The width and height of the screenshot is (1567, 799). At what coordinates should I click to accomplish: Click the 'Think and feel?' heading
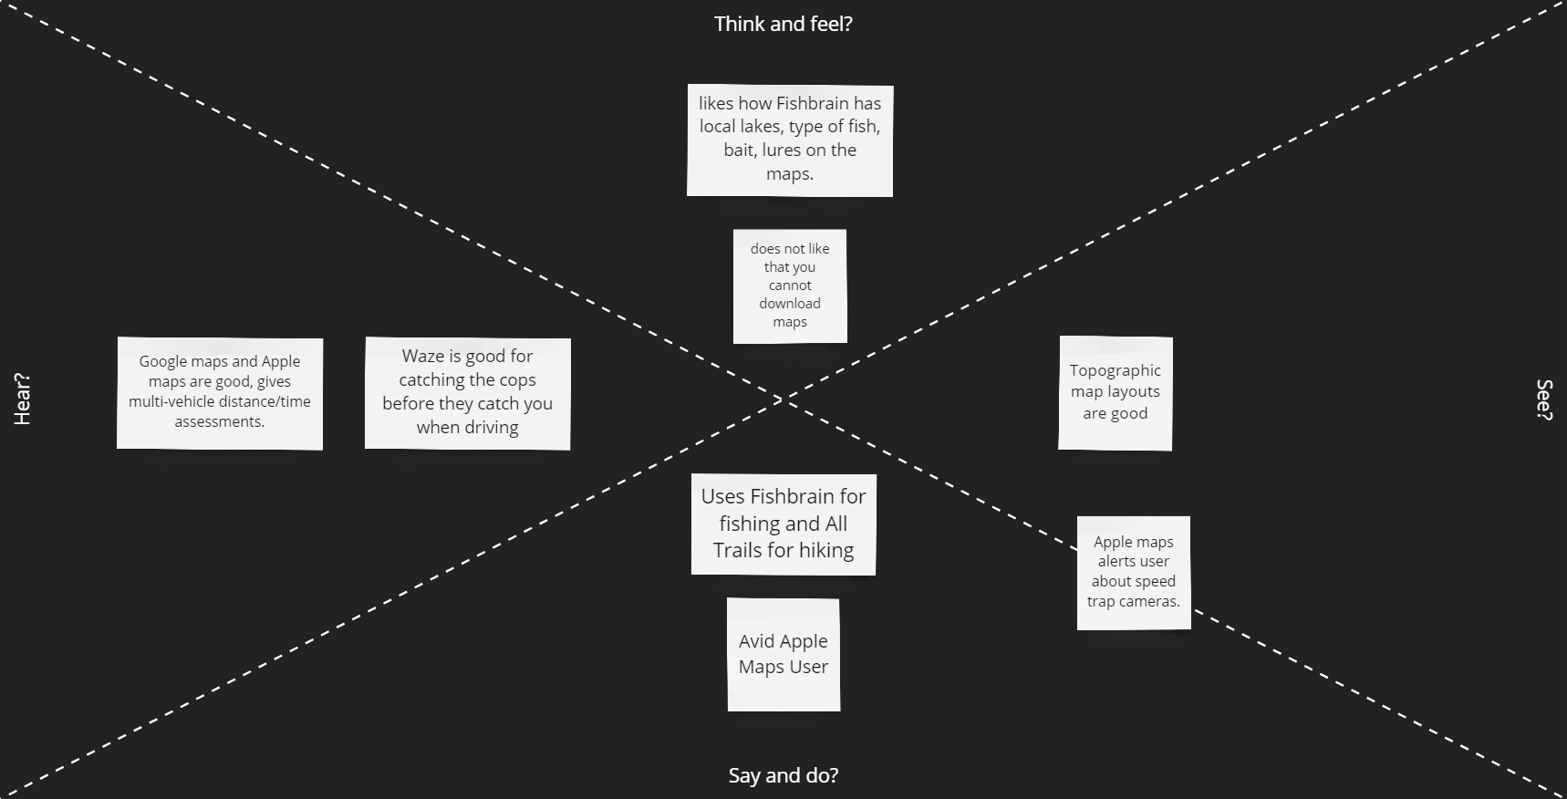tap(783, 24)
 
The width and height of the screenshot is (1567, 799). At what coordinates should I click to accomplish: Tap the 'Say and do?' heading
tap(783, 775)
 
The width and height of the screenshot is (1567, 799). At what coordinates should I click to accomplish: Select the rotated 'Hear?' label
tap(22, 399)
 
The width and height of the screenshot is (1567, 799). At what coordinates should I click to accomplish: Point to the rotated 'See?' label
tap(1544, 399)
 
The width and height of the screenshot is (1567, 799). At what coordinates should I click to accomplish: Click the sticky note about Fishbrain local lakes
tap(789, 140)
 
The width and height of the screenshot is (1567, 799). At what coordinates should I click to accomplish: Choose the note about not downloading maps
tap(790, 285)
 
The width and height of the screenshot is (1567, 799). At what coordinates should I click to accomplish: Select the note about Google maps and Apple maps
tap(220, 393)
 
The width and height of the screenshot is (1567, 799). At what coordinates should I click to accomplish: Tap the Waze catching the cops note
tap(467, 393)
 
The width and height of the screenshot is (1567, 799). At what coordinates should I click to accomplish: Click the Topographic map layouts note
tap(1115, 392)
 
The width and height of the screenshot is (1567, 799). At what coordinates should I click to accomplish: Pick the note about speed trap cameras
tap(1133, 572)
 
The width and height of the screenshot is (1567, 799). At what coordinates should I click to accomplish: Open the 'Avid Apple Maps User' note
tap(783, 654)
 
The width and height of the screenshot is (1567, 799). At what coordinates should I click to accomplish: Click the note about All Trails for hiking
tap(783, 524)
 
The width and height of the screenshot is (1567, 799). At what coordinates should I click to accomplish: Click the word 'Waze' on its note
tap(423, 356)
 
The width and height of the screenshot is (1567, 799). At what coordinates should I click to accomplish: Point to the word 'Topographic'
tap(1115, 370)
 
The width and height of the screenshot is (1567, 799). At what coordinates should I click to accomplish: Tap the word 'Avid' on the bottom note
tap(756, 641)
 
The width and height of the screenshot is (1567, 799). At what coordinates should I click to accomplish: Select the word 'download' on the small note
tap(790, 304)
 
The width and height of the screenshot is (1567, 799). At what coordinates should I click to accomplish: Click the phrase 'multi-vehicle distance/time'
tap(220, 401)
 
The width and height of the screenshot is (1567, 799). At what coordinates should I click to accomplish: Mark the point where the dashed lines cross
tap(783, 399)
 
